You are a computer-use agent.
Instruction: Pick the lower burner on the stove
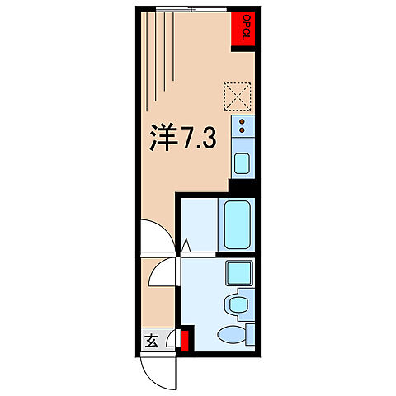pos(243,130)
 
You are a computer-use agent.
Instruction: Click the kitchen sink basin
pos(243,162)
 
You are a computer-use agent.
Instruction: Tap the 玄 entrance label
pos(152,339)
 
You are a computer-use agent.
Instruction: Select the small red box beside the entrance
pos(186,340)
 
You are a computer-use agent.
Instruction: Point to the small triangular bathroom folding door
pos(187,245)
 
